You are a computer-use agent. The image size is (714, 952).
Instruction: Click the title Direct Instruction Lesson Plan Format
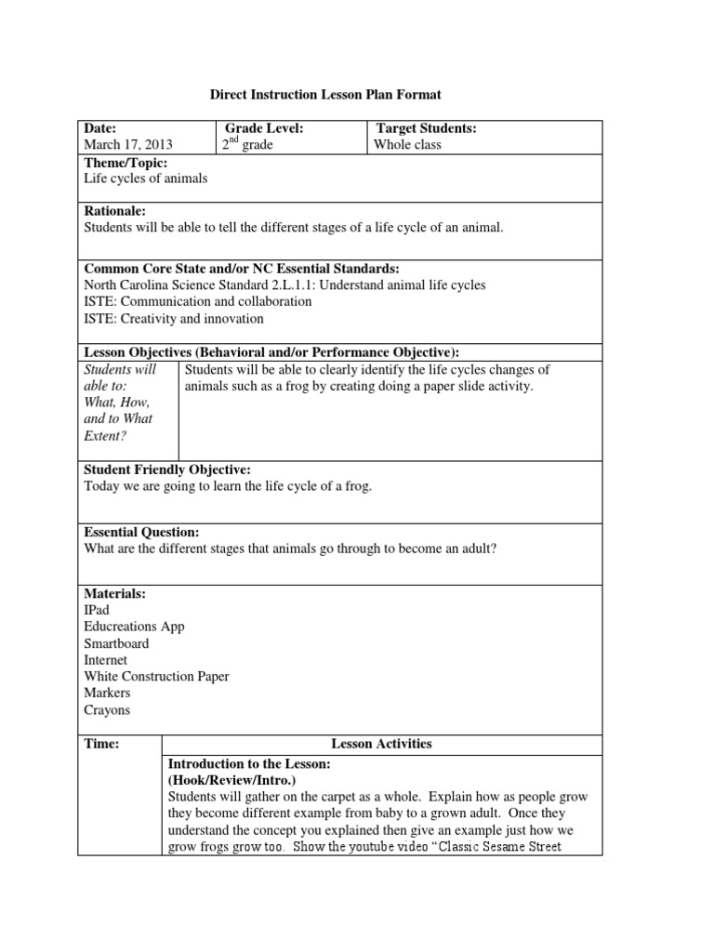tap(324, 95)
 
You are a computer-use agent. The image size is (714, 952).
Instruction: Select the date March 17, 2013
tap(127, 145)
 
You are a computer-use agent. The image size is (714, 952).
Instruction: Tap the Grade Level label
tap(265, 128)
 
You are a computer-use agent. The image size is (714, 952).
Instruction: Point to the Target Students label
tap(426, 128)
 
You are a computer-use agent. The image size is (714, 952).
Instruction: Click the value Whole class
tap(407, 145)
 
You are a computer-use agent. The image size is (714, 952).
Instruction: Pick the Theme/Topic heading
tap(126, 163)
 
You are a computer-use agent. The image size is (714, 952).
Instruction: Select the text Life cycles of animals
tap(146, 178)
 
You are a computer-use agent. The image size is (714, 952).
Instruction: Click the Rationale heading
tap(115, 212)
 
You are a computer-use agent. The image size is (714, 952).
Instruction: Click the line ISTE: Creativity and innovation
tap(174, 319)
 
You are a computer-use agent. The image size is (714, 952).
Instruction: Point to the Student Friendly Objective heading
tap(167, 470)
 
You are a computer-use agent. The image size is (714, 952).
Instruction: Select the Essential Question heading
tap(141, 532)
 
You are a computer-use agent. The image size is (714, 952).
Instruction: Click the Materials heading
tap(114, 593)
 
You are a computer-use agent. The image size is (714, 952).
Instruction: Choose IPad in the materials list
tap(97, 610)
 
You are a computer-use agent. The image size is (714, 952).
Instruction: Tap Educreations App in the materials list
tap(134, 627)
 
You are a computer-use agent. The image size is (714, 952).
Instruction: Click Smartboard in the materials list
tap(116, 643)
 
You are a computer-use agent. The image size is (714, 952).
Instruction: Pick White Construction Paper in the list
tap(156, 677)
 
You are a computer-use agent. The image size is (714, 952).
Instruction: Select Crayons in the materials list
tap(107, 710)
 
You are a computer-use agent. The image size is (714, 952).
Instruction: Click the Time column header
tap(101, 744)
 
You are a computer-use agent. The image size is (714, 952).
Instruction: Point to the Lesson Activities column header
tap(381, 744)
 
